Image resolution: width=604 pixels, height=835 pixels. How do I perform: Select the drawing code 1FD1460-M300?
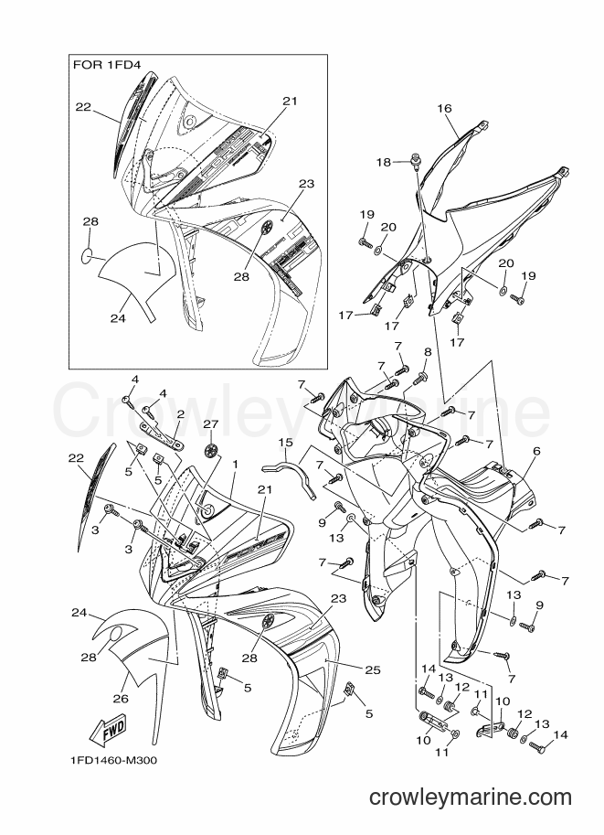112,760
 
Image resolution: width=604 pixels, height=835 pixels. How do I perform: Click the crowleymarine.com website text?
470,798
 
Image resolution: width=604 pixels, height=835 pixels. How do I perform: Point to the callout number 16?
444,109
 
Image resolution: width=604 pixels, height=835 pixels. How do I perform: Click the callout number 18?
384,162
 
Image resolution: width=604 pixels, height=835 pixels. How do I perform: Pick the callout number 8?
428,352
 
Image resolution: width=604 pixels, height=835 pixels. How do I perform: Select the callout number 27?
211,423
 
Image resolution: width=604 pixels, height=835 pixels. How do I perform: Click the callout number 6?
536,451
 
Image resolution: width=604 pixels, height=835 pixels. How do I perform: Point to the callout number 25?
373,669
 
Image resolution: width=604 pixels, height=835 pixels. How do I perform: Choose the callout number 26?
121,698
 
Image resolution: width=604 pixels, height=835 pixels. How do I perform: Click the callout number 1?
235,464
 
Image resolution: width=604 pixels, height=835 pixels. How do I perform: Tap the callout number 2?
180,413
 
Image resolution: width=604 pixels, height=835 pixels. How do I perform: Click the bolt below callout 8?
419,378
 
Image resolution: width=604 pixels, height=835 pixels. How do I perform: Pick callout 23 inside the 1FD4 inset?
307,184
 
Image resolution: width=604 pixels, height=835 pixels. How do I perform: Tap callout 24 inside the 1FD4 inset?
118,318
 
